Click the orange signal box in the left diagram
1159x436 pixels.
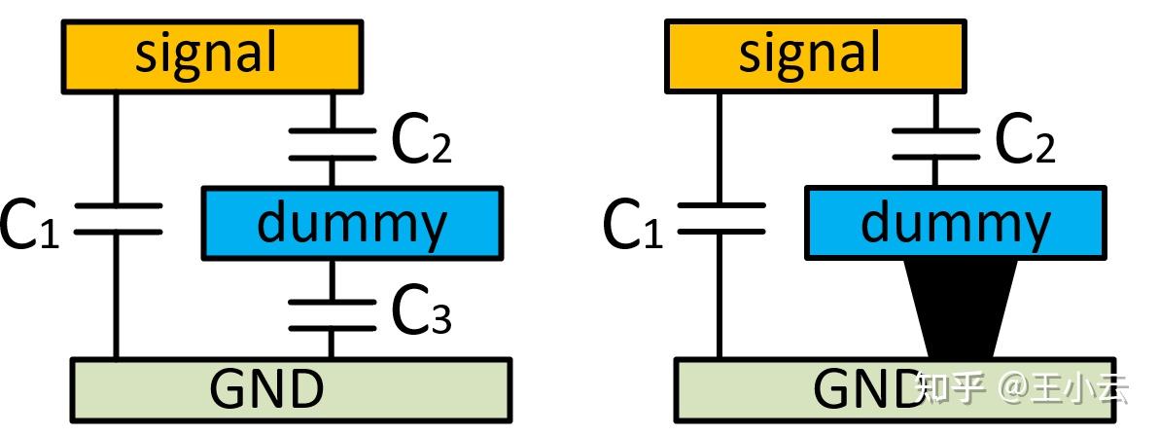click(212, 56)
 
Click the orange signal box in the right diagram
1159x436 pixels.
click(815, 56)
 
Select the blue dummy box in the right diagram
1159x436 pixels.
click(955, 224)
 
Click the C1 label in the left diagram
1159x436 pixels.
click(28, 226)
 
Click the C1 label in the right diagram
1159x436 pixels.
click(632, 226)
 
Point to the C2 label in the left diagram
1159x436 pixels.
click(421, 144)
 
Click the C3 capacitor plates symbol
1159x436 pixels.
click(332, 314)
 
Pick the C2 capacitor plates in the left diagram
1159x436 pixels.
click(332, 144)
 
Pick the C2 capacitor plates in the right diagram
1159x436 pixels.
click(935, 144)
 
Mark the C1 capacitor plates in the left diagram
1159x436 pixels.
click(117, 219)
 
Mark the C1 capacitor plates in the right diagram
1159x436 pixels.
click(720, 219)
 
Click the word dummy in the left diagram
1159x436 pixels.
click(351, 224)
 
